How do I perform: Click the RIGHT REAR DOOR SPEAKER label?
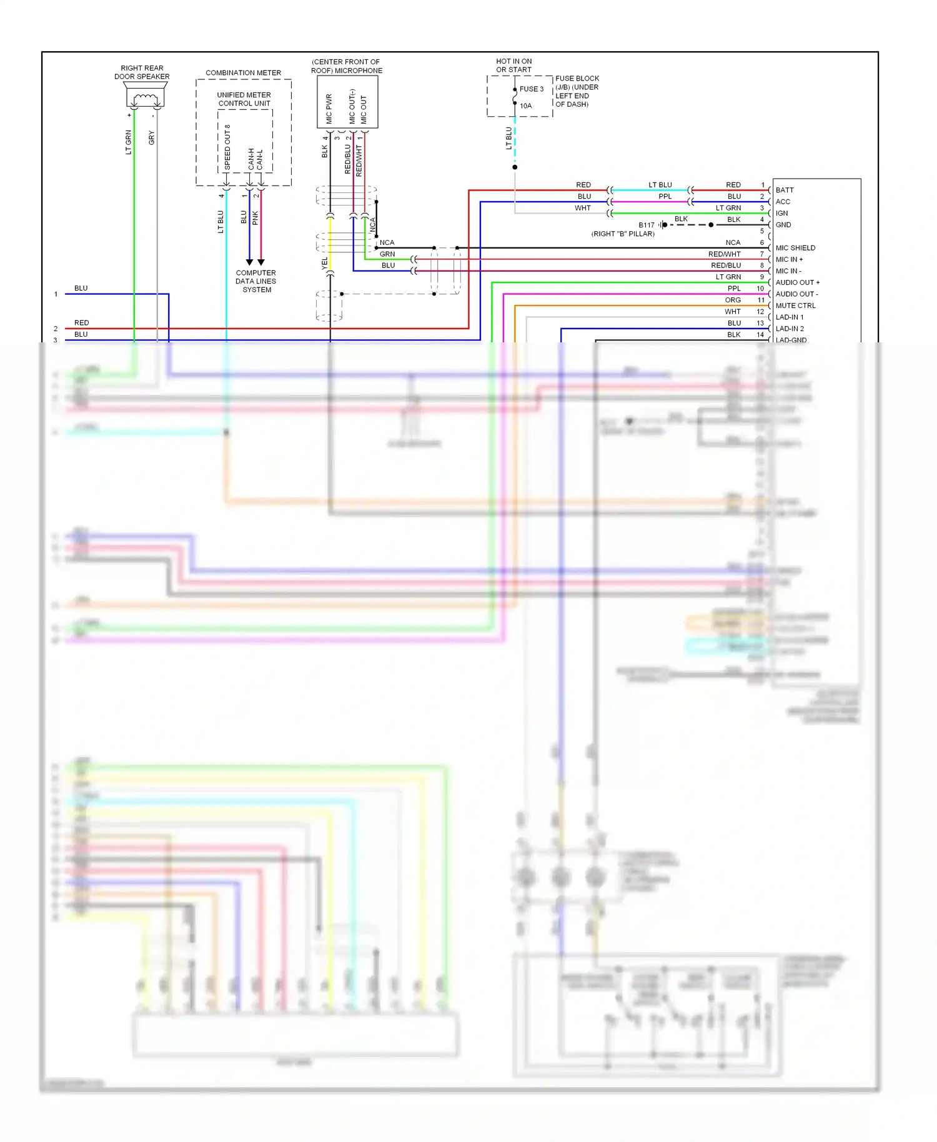[x=142, y=72]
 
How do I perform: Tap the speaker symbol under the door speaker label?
[x=145, y=98]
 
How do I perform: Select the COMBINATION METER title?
[x=243, y=73]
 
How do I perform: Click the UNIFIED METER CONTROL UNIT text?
[x=244, y=99]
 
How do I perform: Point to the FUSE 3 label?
[x=532, y=89]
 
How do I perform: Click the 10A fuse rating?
[x=526, y=106]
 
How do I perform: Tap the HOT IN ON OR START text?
[x=513, y=66]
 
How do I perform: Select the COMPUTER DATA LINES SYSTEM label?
[x=256, y=281]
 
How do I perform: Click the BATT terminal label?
[x=785, y=190]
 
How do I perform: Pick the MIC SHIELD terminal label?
[x=795, y=248]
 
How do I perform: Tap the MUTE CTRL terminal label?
[x=795, y=305]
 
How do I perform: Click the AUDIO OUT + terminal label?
[x=797, y=282]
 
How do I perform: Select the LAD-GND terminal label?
[x=791, y=340]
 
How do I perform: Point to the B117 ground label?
[x=647, y=225]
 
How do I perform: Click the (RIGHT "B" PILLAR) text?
[x=623, y=234]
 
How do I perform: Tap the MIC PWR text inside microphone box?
[x=329, y=109]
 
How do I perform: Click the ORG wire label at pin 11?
[x=733, y=300]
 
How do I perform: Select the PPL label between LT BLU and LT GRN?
[x=665, y=196]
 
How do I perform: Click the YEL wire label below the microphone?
[x=324, y=264]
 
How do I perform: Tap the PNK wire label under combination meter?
[x=255, y=218]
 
